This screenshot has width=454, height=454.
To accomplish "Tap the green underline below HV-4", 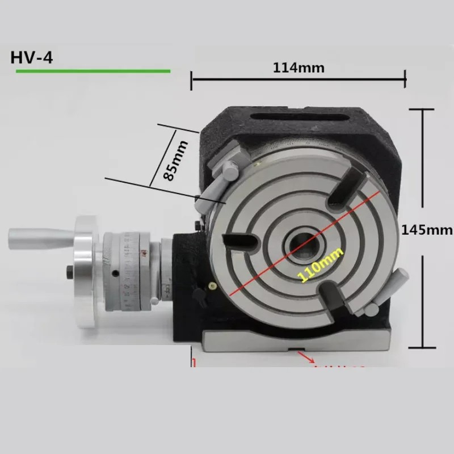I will click(x=93, y=71).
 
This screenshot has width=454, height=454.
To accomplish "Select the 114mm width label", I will click(x=299, y=68).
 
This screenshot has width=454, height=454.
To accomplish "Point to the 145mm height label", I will click(x=427, y=230).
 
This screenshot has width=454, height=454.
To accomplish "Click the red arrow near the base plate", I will click(x=309, y=359).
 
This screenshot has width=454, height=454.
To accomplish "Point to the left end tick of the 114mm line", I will click(x=192, y=80).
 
